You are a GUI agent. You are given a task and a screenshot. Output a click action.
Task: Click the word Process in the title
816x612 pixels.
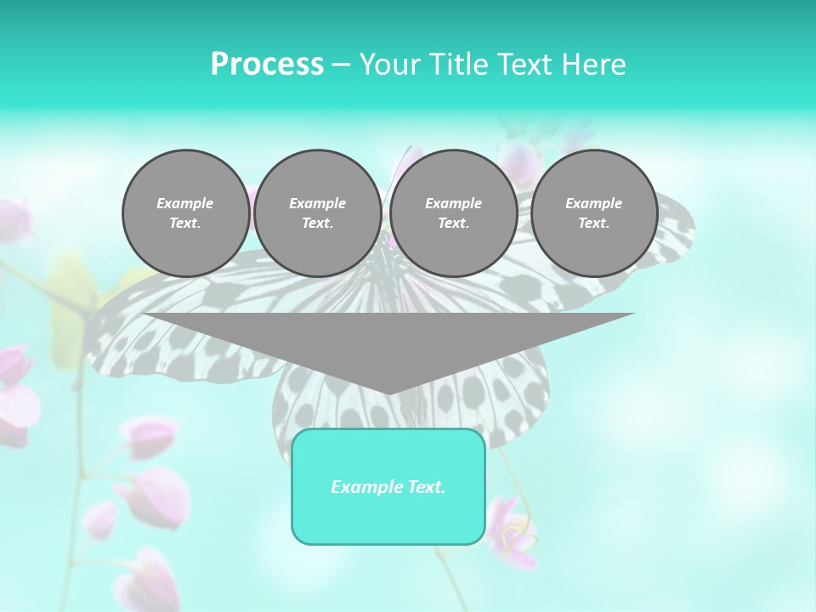pyautogui.click(x=267, y=65)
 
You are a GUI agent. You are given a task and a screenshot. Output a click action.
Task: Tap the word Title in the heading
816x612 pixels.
pyautogui.click(x=459, y=65)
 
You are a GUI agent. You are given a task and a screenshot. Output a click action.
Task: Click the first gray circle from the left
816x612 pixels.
pyautogui.click(x=185, y=213)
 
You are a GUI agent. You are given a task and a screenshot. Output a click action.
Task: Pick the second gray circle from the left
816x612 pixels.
pyautogui.click(x=318, y=213)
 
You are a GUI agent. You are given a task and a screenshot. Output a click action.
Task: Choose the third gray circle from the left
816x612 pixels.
pyautogui.click(x=454, y=213)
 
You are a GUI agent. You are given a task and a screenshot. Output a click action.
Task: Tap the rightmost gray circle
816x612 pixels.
pyautogui.click(x=594, y=213)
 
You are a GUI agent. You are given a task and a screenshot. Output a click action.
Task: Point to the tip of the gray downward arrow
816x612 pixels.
pyautogui.click(x=388, y=394)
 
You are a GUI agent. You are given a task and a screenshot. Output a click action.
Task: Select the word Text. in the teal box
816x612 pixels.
pyautogui.click(x=424, y=487)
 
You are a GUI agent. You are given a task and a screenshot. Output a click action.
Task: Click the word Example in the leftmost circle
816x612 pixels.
pyautogui.click(x=185, y=203)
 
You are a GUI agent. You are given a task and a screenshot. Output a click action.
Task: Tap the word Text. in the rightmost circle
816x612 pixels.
pyautogui.click(x=594, y=224)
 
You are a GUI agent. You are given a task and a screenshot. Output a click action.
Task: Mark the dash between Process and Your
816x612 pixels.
pyautogui.click(x=341, y=65)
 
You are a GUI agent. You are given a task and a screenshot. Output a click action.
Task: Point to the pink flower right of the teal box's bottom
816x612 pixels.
pyautogui.click(x=514, y=531)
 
